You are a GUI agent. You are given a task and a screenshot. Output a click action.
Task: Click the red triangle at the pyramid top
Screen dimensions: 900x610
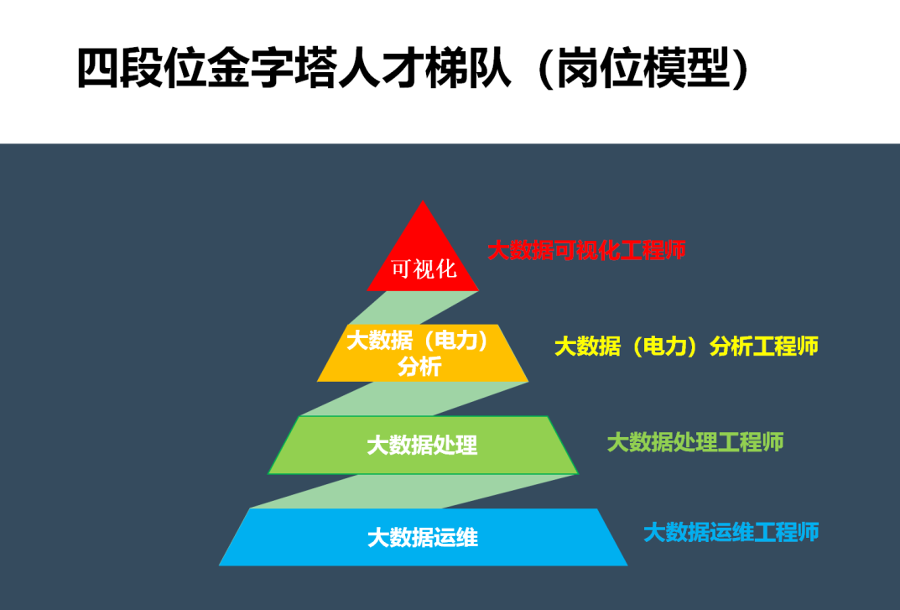pyautogui.click(x=423, y=253)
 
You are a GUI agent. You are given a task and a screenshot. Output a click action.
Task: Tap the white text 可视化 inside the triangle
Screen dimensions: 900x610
pyautogui.click(x=424, y=269)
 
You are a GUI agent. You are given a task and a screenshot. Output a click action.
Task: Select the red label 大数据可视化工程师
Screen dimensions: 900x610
pyautogui.click(x=586, y=250)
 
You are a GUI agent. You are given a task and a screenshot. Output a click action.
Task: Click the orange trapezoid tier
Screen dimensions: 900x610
pyautogui.click(x=423, y=352)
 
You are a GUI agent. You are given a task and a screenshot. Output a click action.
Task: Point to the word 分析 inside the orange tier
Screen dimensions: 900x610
pyautogui.click(x=419, y=367)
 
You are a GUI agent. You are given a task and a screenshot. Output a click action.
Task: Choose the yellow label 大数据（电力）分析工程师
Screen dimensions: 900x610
pyautogui.click(x=686, y=347)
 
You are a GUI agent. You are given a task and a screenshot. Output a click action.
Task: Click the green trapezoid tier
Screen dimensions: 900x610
pyautogui.click(x=423, y=446)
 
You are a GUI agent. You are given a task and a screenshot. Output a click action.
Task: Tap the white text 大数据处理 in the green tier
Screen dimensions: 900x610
pyautogui.click(x=422, y=446)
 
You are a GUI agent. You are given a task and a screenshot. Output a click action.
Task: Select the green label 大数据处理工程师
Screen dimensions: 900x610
pyautogui.click(x=695, y=442)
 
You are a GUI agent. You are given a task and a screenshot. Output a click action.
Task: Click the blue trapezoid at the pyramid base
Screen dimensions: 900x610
pyautogui.click(x=423, y=537)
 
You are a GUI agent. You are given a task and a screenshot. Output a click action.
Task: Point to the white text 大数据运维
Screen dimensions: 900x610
pyautogui.click(x=423, y=538)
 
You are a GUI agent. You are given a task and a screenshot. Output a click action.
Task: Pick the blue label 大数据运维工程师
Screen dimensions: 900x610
pyautogui.click(x=731, y=533)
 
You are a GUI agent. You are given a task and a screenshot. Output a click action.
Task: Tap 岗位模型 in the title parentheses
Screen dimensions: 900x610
pyautogui.click(x=643, y=68)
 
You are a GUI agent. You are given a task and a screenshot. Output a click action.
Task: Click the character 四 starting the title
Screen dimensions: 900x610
pyautogui.click(x=98, y=68)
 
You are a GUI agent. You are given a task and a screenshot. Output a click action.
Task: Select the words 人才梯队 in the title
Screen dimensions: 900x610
pyautogui.click(x=424, y=68)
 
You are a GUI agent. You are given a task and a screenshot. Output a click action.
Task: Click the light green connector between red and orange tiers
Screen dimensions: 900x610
pyautogui.click(x=414, y=308)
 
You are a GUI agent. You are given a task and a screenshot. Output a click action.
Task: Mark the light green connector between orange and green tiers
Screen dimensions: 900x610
pyautogui.click(x=414, y=399)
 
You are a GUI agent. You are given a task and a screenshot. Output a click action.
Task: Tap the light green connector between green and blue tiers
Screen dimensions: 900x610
pyautogui.click(x=414, y=491)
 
